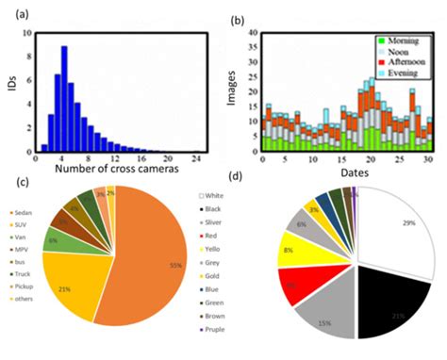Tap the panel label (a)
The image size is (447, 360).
[18, 12]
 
